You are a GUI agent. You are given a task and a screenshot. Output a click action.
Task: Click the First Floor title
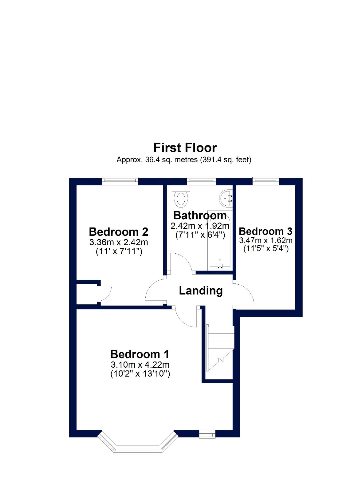click(185, 148)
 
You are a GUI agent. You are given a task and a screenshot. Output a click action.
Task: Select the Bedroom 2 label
click(118, 232)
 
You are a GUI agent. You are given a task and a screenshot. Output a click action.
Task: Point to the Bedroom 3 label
click(266, 231)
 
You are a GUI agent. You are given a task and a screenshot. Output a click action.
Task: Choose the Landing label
click(201, 291)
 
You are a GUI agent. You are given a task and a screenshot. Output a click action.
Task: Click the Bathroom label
click(200, 215)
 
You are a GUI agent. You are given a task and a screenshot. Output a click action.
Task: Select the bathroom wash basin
click(226, 197)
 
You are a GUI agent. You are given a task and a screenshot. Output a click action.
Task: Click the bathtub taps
click(220, 266)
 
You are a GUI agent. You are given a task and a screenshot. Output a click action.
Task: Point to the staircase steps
click(220, 348)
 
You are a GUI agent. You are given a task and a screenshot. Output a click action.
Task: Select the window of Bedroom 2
click(120, 181)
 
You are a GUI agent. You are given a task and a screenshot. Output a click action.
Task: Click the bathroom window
click(201, 181)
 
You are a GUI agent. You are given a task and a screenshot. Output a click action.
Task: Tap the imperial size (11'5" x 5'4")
click(266, 249)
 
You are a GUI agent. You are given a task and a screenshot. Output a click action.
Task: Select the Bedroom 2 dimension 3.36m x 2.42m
click(119, 242)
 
